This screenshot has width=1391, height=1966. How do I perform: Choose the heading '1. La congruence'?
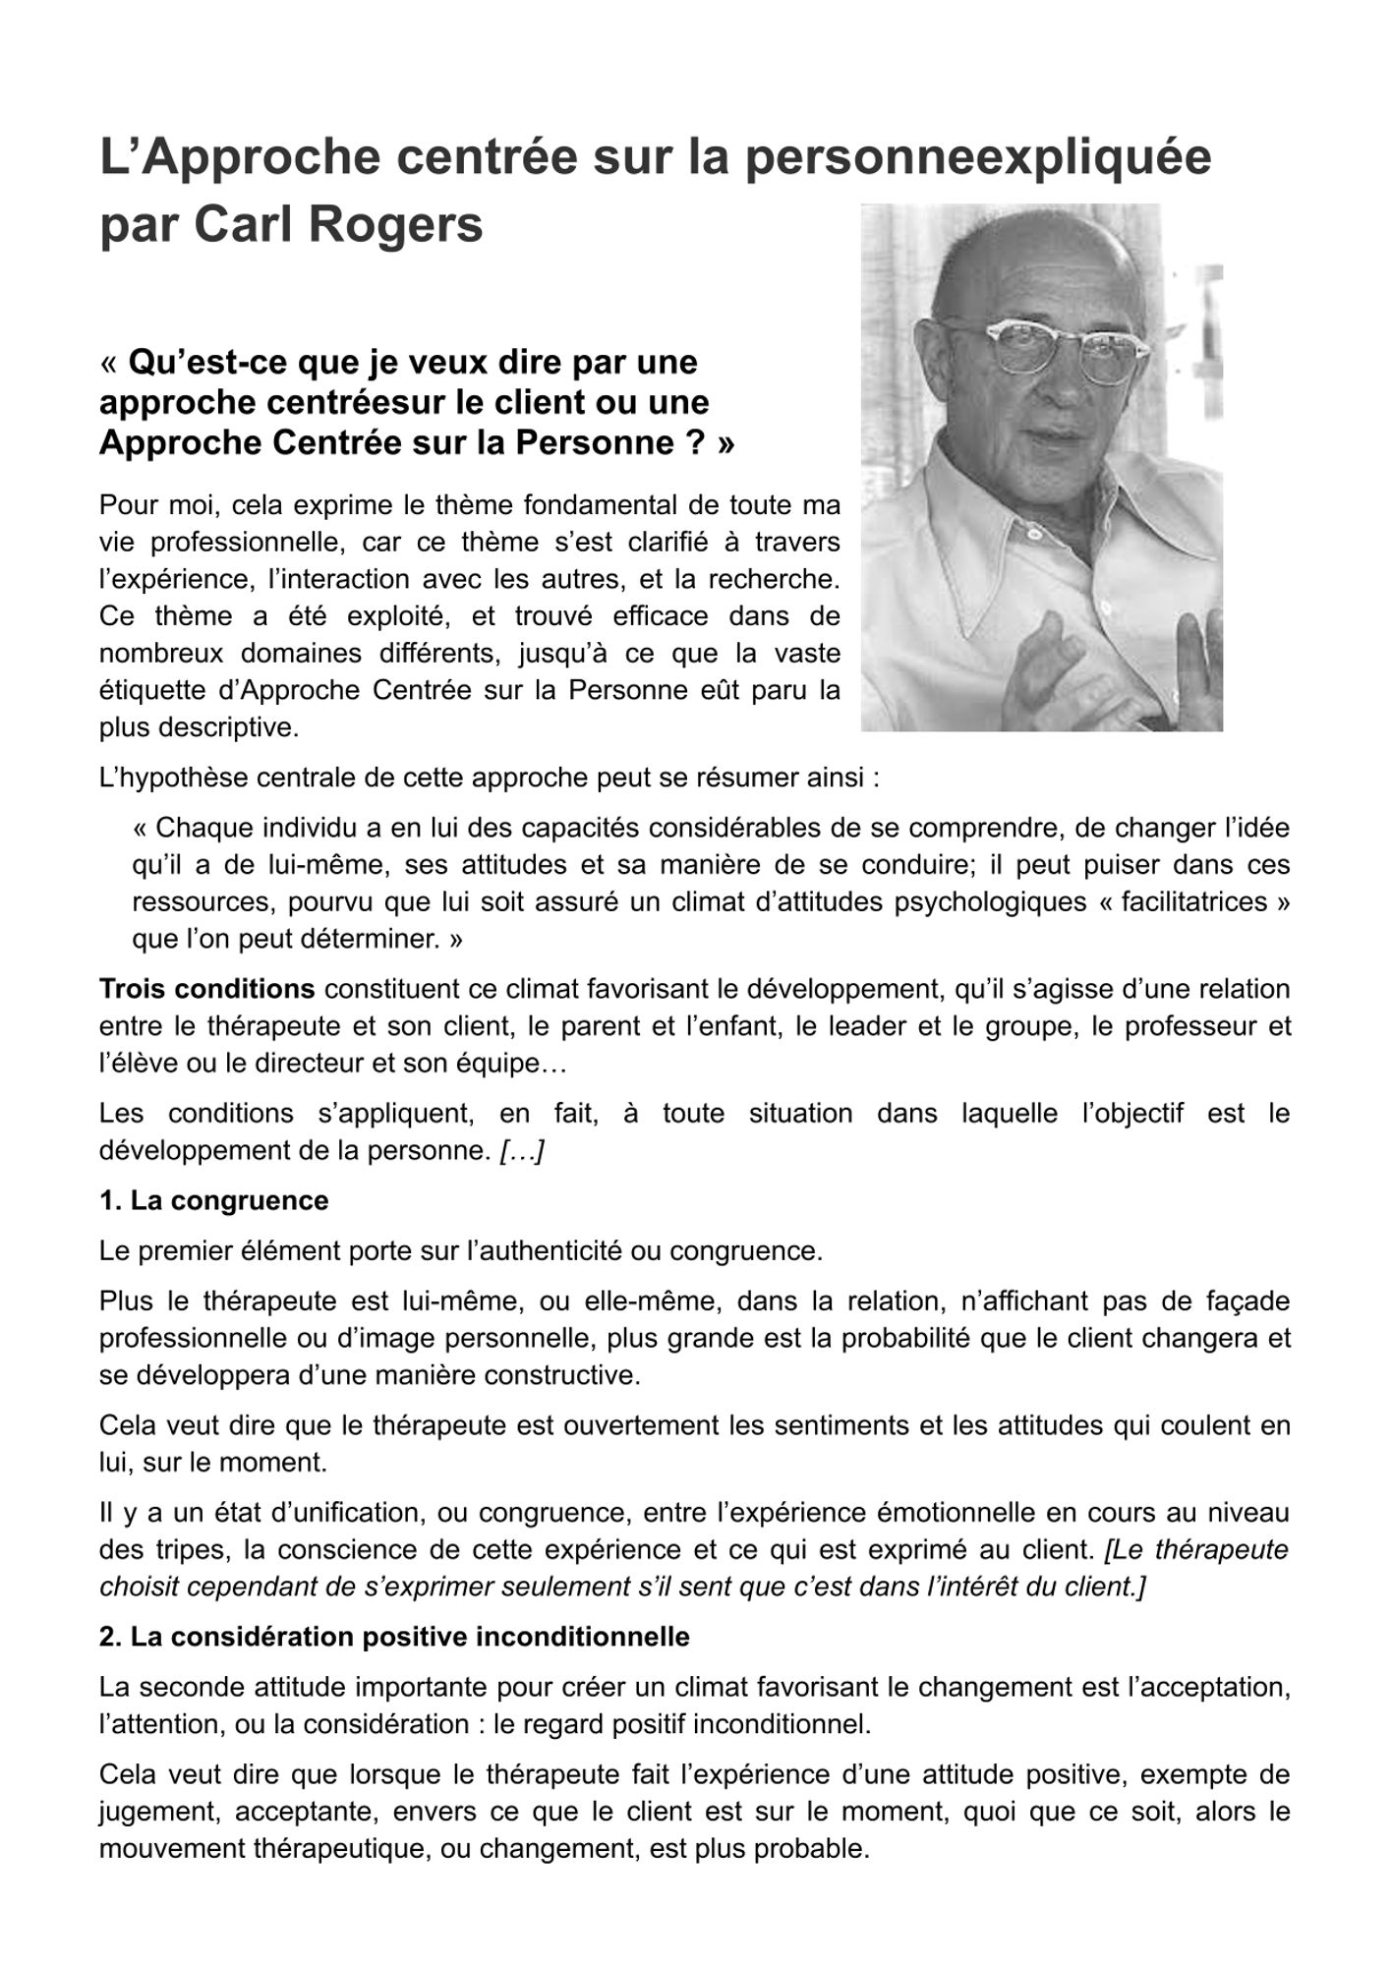[x=213, y=1200]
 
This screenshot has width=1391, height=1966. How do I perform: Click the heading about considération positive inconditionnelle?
[x=394, y=1637]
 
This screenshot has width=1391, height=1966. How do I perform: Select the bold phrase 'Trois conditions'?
[x=206, y=988]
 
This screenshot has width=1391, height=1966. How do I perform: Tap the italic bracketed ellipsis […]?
[x=522, y=1150]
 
